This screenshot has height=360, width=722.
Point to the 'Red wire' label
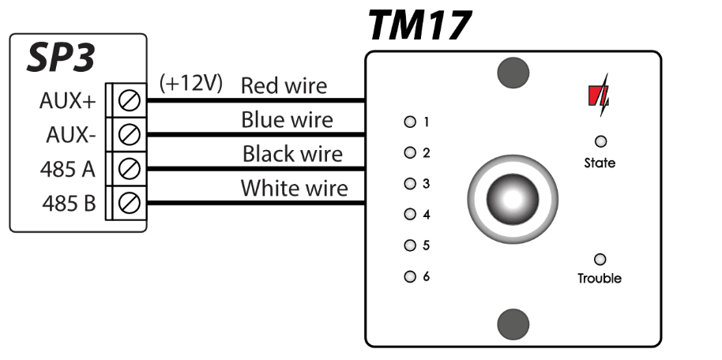pos(284,84)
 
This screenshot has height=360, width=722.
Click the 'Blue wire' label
pos(287,120)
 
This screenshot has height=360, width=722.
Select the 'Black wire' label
pos(292,153)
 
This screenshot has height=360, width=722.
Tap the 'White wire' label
pos(294,189)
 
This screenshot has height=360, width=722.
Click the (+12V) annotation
pos(191,84)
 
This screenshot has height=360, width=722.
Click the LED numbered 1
pos(409,122)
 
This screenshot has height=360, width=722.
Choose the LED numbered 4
pos(409,214)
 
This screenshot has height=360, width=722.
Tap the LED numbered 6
pos(409,277)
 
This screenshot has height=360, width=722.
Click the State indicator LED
pos(600,142)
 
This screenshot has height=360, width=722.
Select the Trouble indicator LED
pos(600,259)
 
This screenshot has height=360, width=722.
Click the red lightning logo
pos(596,93)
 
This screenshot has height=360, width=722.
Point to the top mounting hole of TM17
pos(513,73)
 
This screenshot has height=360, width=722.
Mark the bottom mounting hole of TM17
pos(513,323)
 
